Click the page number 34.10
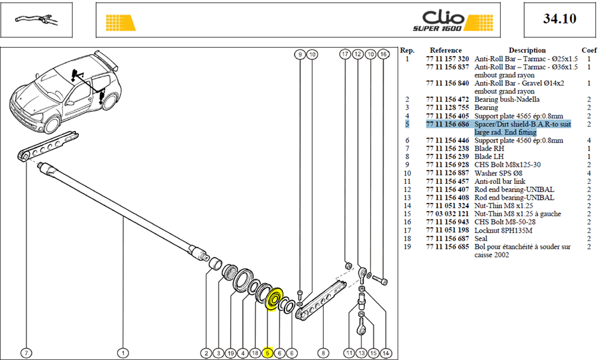[559, 18]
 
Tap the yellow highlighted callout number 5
[267, 353]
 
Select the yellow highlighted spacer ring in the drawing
[274, 299]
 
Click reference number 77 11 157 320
[447, 59]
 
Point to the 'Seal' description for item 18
[481, 239]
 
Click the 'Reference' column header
[445, 50]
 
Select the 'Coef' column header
[589, 50]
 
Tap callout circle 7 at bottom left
[26, 353]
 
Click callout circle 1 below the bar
[123, 353]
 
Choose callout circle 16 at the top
[383, 54]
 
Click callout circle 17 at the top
[345, 54]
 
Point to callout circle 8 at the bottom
[323, 353]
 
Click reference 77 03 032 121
[447, 214]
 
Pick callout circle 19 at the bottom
[231, 353]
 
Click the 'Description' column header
[527, 50]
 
